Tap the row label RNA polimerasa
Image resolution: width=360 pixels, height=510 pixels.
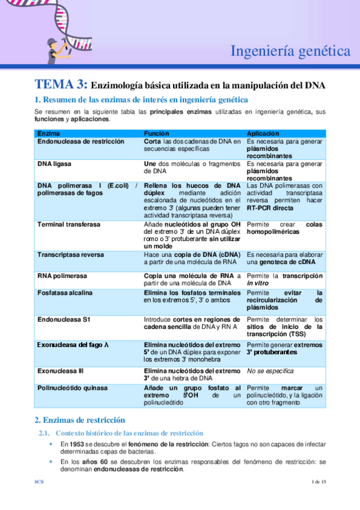pos(62,275)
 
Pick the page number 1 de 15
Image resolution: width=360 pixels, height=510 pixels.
pos(319,482)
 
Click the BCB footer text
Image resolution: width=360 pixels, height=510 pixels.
pos(38,482)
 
